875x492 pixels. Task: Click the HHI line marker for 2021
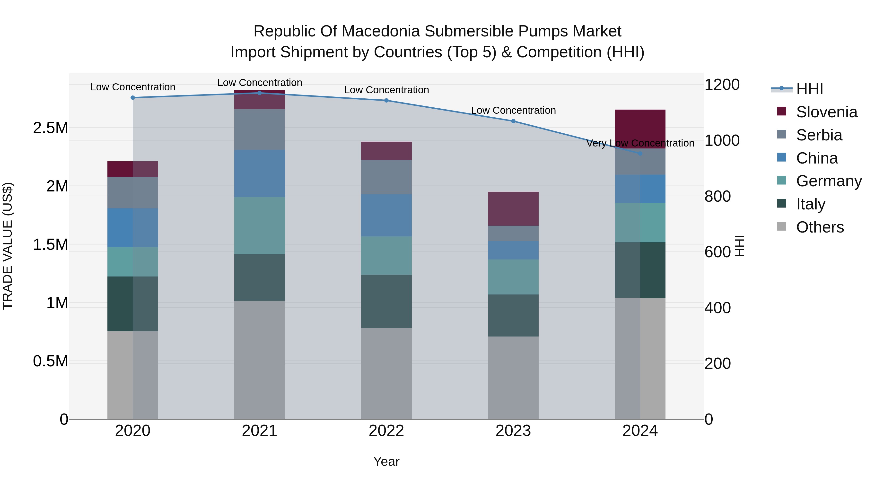tap(260, 93)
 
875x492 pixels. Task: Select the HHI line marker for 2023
tap(513, 121)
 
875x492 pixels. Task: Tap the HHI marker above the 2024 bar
tap(640, 154)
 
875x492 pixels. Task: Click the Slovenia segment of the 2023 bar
tap(513, 208)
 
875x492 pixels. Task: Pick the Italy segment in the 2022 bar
tap(386, 301)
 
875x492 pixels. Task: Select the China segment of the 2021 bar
tap(260, 173)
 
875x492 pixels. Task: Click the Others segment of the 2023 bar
tap(513, 378)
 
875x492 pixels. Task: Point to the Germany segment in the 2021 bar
tap(260, 225)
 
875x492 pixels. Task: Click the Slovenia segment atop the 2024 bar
tap(640, 129)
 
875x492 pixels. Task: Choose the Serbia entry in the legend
tap(819, 135)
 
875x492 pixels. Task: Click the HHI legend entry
tap(809, 89)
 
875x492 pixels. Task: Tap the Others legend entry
tap(820, 227)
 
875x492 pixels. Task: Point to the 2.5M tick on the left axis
tap(50, 128)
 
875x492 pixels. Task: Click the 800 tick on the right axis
tap(717, 196)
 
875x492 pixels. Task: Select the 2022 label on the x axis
tap(386, 431)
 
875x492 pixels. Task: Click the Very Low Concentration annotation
tap(640, 143)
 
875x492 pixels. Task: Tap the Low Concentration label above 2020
tap(133, 87)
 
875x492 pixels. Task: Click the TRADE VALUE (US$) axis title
tap(8, 246)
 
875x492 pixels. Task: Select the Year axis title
tap(386, 461)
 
